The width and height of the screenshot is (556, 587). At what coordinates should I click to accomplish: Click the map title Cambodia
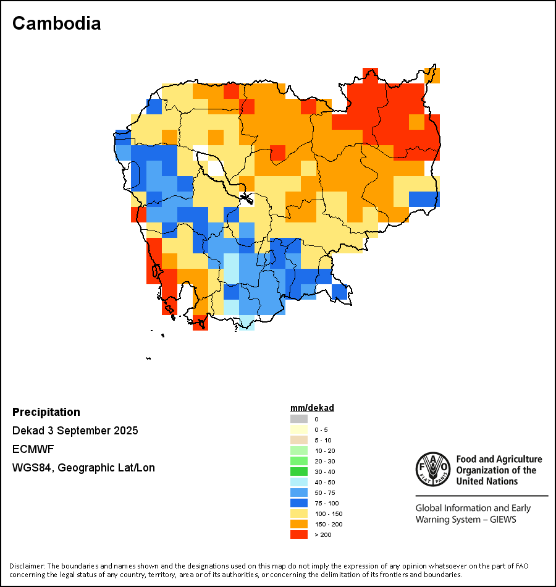[56, 23]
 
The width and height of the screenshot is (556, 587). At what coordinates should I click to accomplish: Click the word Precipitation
[46, 412]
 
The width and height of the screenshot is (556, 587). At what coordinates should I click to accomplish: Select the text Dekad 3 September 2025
[75, 431]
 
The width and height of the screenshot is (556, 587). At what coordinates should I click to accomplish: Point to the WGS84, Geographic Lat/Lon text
[83, 468]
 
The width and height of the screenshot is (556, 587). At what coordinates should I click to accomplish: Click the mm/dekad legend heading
[312, 408]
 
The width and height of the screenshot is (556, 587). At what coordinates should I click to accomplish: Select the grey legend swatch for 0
[298, 419]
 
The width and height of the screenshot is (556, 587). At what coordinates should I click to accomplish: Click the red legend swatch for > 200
[298, 534]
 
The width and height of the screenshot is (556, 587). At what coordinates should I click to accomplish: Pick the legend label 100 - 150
[328, 513]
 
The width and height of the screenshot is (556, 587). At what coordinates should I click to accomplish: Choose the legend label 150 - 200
[328, 524]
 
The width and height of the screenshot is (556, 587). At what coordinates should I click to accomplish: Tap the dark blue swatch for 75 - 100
[298, 503]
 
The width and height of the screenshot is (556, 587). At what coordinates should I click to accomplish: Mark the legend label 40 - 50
[326, 482]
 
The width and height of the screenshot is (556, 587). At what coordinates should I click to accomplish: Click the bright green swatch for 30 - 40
[298, 471]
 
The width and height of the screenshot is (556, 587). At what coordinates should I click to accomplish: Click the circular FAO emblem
[432, 469]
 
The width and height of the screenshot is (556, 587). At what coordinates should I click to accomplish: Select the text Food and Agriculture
[499, 459]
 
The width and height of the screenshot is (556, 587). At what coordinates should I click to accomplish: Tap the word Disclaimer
[27, 566]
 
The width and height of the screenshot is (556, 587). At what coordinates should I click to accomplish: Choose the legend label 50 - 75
[326, 492]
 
